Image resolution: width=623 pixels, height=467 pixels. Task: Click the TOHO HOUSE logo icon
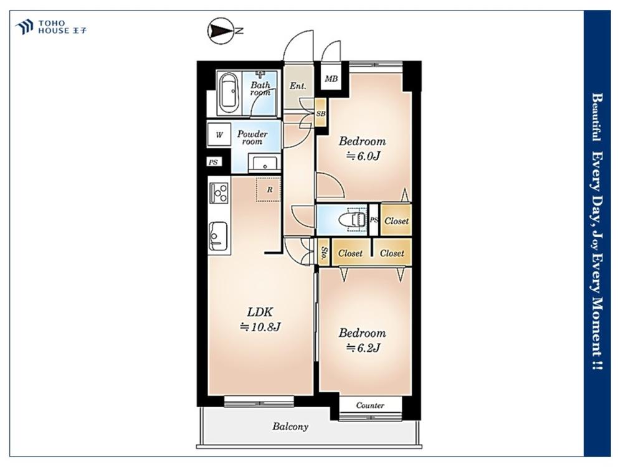point(24,27)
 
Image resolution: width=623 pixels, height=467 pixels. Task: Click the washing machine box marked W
point(219,135)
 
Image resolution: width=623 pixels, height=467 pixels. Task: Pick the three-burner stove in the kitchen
point(219,194)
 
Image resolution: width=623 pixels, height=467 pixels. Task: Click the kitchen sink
point(218,237)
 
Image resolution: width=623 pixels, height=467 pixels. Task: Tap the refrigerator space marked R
point(269,189)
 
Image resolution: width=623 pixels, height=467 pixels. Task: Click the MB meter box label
point(331,79)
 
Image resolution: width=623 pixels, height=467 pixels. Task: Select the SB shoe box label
point(321,113)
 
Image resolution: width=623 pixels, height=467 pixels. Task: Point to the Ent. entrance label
point(298,86)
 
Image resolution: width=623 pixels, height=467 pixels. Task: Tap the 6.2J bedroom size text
point(364,348)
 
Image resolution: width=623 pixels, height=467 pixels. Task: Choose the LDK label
point(260,312)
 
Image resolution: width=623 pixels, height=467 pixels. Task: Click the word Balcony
point(290,427)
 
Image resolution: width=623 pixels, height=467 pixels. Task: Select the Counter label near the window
point(370,405)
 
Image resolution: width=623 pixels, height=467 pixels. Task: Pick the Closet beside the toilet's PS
point(396,221)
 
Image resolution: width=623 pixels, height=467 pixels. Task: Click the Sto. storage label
point(325,252)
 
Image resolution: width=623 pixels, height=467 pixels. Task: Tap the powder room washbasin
point(263,164)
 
